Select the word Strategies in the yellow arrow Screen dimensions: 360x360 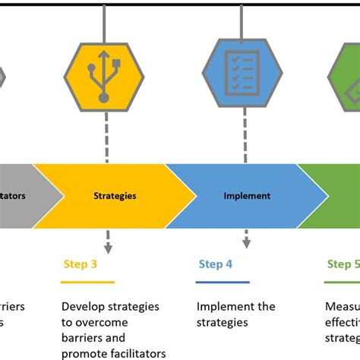(115, 196)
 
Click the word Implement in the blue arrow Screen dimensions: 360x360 (247, 196)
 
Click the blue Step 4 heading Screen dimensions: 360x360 (216, 264)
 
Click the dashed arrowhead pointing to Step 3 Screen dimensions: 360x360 (108, 248)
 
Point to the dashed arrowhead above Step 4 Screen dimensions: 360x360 (246, 243)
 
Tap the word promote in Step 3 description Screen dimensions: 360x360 (84, 352)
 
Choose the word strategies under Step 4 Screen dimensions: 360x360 (222, 322)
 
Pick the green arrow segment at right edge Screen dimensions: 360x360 (334, 196)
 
